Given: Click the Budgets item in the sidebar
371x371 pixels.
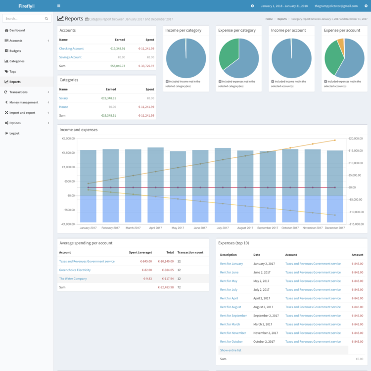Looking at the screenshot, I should pyautogui.click(x=15, y=51).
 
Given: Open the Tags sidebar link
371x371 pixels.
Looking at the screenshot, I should pyautogui.click(x=12, y=72).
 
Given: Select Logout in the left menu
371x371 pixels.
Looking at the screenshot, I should pyautogui.click(x=14, y=133).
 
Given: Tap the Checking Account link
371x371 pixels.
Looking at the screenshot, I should pyautogui.click(x=71, y=48).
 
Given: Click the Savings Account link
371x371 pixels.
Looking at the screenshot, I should pyautogui.click(x=70, y=57).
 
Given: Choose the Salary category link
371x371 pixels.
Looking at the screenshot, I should pyautogui.click(x=63, y=98).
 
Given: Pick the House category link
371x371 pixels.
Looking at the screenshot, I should pyautogui.click(x=63, y=107).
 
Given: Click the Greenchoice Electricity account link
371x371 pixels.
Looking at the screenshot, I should pyautogui.click(x=75, y=270).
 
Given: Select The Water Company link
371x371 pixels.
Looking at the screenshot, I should pyautogui.click(x=73, y=278).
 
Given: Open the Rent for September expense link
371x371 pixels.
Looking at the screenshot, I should pyautogui.click(x=233, y=316).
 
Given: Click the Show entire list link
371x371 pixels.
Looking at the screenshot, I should pyautogui.click(x=231, y=350).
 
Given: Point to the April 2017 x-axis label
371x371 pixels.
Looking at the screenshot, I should pyautogui.click(x=155, y=228).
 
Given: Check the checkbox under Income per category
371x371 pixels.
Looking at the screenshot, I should pyautogui.click(x=167, y=81).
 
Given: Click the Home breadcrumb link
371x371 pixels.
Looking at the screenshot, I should pyautogui.click(x=269, y=19).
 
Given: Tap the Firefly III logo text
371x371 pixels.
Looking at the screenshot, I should pyautogui.click(x=26, y=6).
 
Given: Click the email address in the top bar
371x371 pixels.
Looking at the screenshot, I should pyautogui.click(x=336, y=6).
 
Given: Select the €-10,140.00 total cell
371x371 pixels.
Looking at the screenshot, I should pyautogui.click(x=166, y=261).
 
